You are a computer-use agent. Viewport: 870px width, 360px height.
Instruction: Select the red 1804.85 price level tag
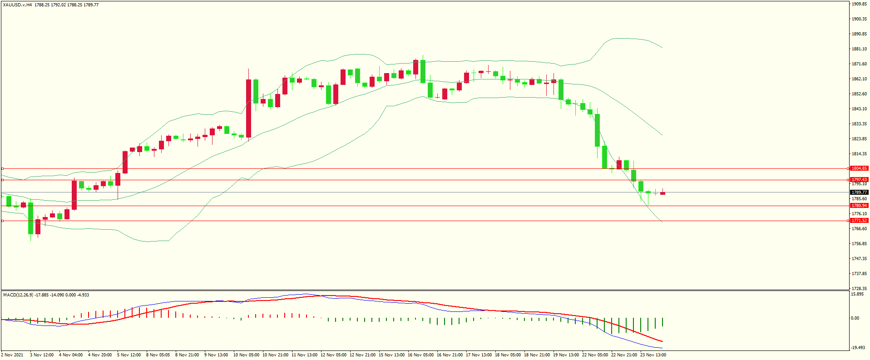(859, 168)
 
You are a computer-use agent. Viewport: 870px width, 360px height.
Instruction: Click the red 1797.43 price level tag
(859, 180)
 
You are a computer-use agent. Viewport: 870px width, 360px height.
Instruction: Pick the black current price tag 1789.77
(859, 192)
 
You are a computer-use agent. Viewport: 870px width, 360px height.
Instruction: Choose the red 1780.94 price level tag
(859, 206)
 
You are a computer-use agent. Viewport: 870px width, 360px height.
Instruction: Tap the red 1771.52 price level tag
(859, 221)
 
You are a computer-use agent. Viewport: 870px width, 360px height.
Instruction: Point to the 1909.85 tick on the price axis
(859, 4)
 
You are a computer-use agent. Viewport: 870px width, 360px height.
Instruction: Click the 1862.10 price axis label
(859, 79)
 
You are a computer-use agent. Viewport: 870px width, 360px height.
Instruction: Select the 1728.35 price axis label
(859, 289)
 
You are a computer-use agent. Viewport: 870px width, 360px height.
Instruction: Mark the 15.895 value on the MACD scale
(857, 294)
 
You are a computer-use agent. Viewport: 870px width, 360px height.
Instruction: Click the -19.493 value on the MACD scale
(857, 348)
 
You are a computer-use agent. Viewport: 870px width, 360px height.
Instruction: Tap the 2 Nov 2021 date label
(12, 355)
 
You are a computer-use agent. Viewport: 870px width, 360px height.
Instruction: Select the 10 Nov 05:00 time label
(246, 355)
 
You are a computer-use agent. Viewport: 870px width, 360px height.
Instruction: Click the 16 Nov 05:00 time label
(420, 355)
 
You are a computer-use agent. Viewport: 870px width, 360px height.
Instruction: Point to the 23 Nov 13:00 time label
(653, 355)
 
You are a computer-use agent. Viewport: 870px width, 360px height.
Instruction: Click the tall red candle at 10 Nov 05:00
(248, 108)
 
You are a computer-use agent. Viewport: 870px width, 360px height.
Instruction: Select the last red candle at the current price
(663, 193)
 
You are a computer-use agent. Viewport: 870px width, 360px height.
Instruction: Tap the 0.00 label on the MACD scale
(855, 318)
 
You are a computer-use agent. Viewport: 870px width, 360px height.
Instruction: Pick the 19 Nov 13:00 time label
(566, 355)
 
